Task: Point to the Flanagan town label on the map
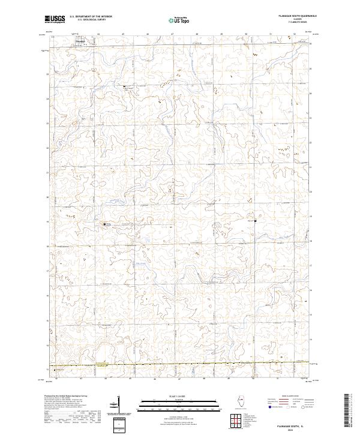[80, 41]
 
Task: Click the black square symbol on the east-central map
[256, 221]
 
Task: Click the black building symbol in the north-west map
[124, 87]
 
